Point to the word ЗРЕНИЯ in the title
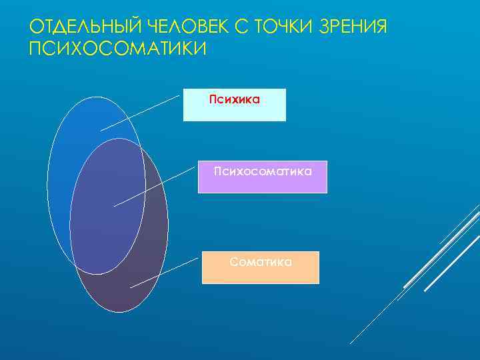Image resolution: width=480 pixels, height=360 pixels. [x=354, y=27]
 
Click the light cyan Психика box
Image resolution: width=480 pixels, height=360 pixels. [x=234, y=111]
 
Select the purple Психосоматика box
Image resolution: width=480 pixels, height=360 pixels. [x=262, y=183]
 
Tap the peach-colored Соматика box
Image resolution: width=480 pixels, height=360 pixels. [x=261, y=273]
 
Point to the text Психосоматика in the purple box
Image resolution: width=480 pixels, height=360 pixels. [x=263, y=172]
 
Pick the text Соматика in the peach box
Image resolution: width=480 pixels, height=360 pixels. [x=261, y=262]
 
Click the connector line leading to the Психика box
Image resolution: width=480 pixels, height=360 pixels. [x=140, y=112]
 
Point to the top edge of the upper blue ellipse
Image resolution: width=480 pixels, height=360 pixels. [x=96, y=97]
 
